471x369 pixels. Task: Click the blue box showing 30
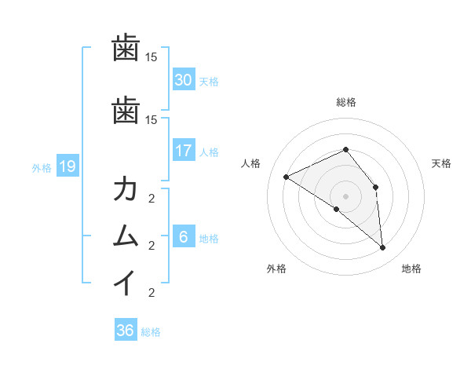click(x=183, y=80)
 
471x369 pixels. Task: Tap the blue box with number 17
click(x=183, y=151)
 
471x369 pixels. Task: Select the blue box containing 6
click(x=183, y=237)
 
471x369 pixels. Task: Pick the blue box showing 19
click(x=67, y=166)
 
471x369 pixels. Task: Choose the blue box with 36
click(x=125, y=331)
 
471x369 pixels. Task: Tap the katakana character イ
click(x=126, y=283)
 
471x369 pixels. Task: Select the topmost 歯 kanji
click(x=126, y=49)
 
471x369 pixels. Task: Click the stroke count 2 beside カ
click(x=152, y=198)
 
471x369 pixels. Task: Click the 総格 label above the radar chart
click(x=345, y=102)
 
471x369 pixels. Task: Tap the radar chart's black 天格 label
click(x=441, y=163)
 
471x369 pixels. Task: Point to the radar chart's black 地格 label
click(x=411, y=269)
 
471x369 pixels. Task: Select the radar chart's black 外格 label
click(x=276, y=269)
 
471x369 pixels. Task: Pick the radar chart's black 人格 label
click(x=251, y=163)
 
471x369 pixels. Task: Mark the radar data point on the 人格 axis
click(x=287, y=177)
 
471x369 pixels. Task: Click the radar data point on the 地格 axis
click(x=382, y=247)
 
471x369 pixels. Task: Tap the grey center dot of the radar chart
click(x=345, y=195)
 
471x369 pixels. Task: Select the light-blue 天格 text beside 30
click(x=209, y=81)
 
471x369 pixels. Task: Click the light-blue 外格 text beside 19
click(x=42, y=167)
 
